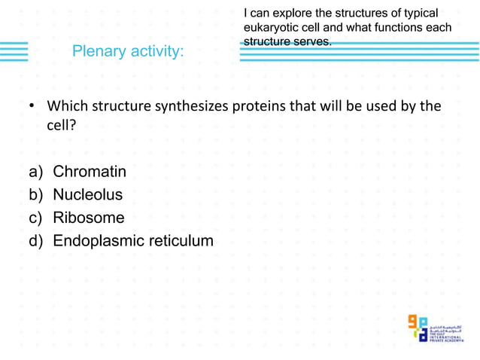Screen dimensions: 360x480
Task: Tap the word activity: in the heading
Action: point(156,52)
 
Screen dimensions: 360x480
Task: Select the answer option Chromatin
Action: point(90,172)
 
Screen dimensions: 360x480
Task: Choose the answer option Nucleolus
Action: point(87,195)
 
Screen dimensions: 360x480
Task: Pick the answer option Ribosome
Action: point(89,218)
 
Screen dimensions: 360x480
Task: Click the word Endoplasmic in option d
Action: point(99,242)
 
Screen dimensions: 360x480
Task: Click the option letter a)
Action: point(36,172)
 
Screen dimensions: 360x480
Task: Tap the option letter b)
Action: point(36,196)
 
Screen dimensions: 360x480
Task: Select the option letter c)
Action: point(36,219)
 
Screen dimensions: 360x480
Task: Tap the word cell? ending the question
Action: point(62,126)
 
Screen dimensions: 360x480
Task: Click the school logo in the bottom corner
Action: point(436,328)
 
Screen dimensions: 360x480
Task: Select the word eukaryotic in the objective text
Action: point(270,28)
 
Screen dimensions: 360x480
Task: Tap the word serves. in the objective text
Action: point(312,41)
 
